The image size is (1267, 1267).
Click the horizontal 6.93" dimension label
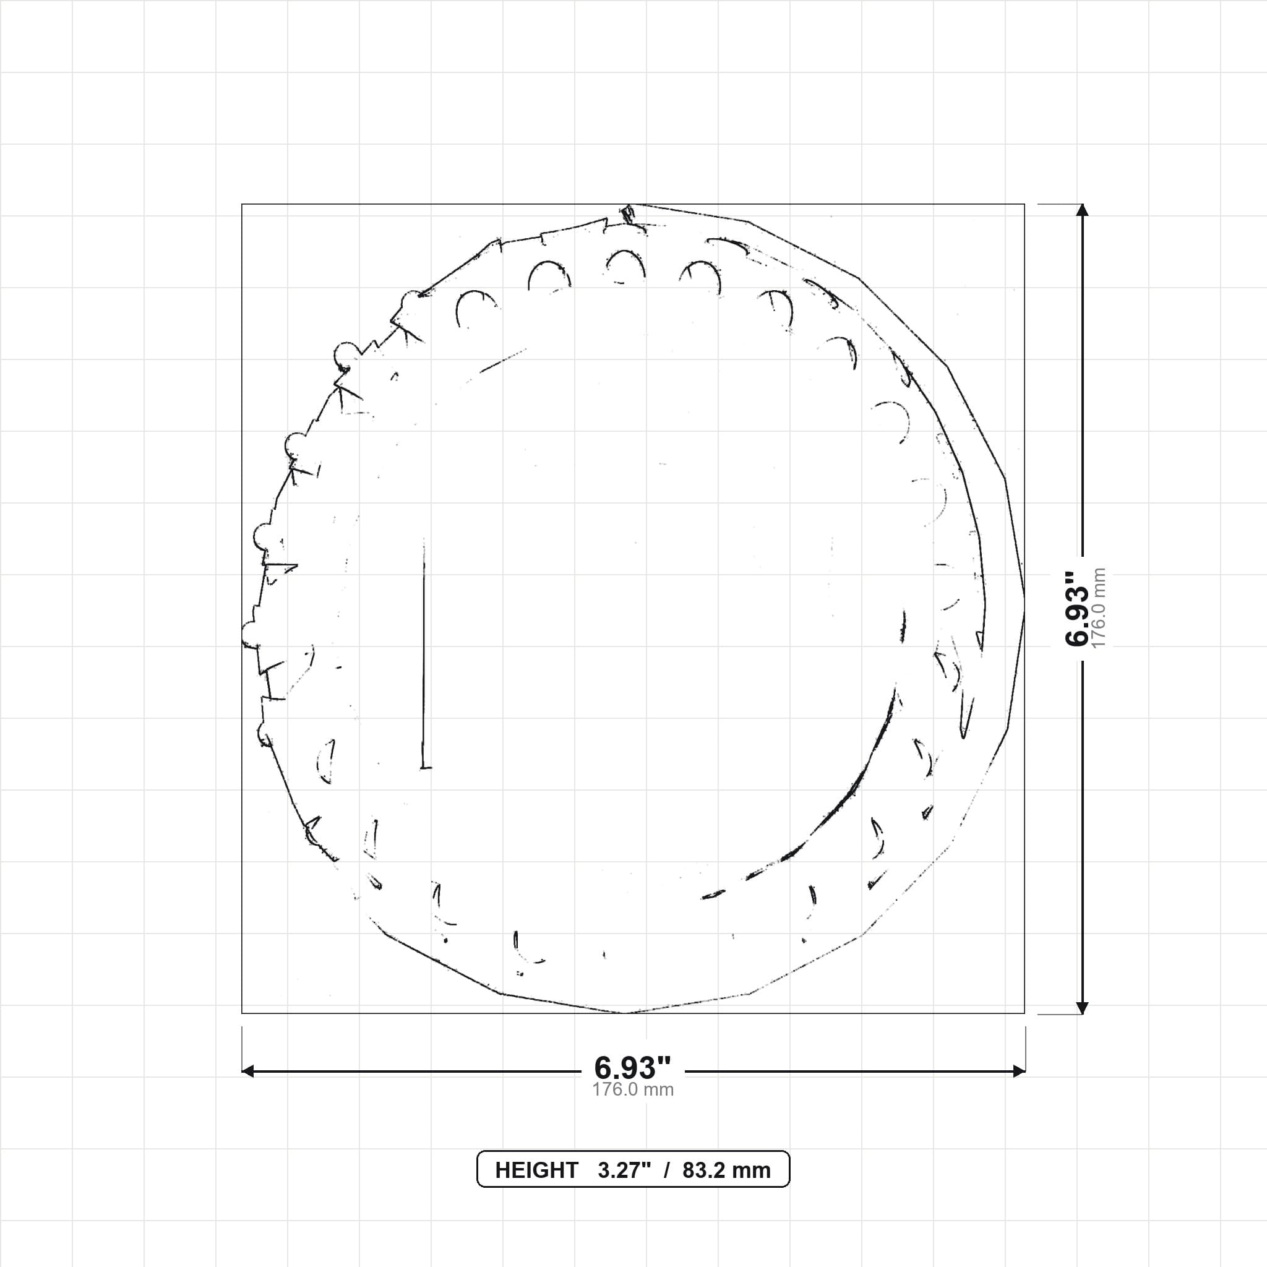coord(633,1068)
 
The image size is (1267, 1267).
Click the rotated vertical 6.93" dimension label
coord(1077,609)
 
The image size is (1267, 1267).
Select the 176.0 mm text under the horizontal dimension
coord(633,1090)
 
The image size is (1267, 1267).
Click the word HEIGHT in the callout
coord(536,1170)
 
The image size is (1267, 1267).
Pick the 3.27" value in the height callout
coord(624,1170)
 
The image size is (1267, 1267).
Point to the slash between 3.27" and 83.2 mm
coord(667,1170)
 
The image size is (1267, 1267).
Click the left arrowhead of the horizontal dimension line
coord(248,1072)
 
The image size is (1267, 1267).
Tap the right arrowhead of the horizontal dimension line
coord(1019,1072)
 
